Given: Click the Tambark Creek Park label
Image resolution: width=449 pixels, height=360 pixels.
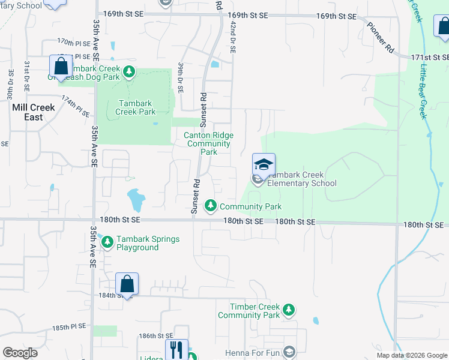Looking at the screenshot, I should tap(136, 107).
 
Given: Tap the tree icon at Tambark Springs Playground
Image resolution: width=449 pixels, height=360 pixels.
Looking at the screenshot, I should tap(107, 243).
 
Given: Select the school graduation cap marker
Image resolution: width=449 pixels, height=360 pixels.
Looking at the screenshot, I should tap(264, 164).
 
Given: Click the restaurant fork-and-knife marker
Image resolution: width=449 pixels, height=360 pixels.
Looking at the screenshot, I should tap(176, 350).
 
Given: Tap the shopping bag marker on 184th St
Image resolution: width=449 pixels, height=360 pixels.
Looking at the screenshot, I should tap(127, 284).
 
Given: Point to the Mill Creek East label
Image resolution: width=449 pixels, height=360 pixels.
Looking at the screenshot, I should tap(34, 112).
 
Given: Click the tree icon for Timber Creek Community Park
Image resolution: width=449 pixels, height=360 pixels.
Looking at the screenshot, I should tap(289, 310).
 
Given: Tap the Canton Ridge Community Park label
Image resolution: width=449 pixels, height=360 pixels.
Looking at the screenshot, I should tap(208, 143).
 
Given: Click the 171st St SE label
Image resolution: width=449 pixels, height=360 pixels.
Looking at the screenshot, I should tap(430, 58).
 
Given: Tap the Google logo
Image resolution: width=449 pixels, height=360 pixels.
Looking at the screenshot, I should tap(20, 352).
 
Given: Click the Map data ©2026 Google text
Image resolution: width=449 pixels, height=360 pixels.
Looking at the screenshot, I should tap(411, 355).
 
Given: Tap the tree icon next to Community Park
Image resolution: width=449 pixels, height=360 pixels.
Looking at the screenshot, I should tap(211, 206).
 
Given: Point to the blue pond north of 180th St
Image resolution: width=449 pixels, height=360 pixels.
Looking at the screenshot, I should tap(136, 200).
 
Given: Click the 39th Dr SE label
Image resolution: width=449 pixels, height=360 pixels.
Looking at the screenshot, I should tap(180, 76).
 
